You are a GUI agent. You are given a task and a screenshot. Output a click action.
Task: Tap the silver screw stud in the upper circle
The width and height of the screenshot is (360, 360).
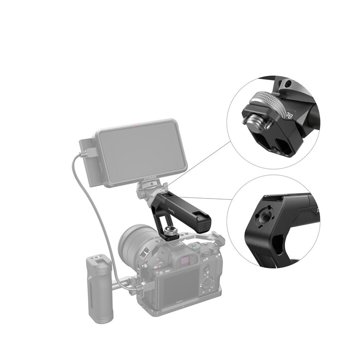point(248,120)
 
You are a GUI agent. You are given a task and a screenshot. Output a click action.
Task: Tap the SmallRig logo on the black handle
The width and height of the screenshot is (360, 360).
point(172,205)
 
